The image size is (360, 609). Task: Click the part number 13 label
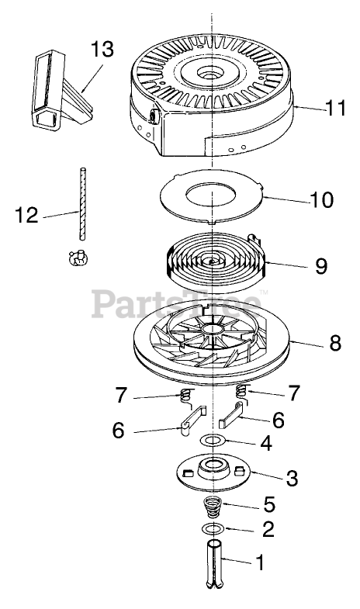[x=102, y=50]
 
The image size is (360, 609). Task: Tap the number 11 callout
[x=335, y=108]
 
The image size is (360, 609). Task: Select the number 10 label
[x=321, y=199]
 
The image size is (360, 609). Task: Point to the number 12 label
[x=26, y=215]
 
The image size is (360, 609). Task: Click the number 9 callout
[x=321, y=266]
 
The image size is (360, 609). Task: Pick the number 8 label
[x=335, y=343]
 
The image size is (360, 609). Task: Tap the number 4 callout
[x=265, y=443]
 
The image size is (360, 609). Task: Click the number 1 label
[x=260, y=562]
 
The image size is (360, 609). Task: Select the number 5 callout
[x=269, y=503]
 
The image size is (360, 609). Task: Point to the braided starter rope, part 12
[x=82, y=204]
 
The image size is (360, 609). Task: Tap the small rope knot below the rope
[x=78, y=258]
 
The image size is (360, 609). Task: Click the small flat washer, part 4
[x=213, y=441]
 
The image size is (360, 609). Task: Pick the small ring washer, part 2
[x=213, y=528]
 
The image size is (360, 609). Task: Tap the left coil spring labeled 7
[x=187, y=398]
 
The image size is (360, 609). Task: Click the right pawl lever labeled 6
[x=231, y=415]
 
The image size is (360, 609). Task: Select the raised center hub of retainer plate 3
[x=213, y=467]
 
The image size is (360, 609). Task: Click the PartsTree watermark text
[x=176, y=303]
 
